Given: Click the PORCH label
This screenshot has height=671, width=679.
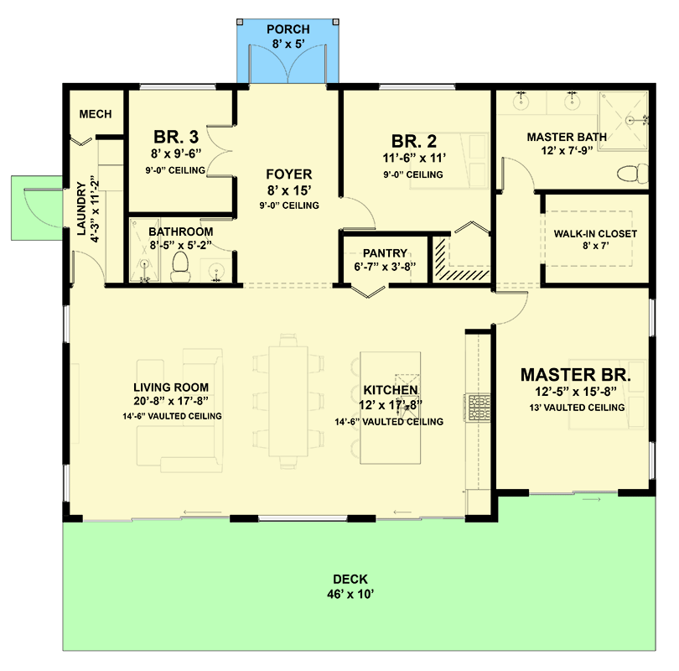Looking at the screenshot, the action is click(x=288, y=29).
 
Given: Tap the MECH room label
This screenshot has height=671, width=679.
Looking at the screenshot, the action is click(x=96, y=114).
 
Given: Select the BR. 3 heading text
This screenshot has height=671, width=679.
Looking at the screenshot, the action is click(x=176, y=137).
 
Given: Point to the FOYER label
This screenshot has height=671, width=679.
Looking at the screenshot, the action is click(x=289, y=174).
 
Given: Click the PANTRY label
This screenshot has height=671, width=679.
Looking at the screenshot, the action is click(x=385, y=253).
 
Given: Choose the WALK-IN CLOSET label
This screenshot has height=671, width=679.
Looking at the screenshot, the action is click(x=595, y=234).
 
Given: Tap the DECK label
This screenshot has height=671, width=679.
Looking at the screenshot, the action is click(x=350, y=580).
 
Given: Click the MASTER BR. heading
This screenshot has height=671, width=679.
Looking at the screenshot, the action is click(x=576, y=375).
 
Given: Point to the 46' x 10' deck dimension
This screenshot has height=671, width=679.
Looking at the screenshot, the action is click(x=350, y=594).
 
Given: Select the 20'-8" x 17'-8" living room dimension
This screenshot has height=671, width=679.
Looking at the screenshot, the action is click(x=171, y=401).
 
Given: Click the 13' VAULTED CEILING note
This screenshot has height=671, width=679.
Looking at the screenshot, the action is click(x=577, y=408).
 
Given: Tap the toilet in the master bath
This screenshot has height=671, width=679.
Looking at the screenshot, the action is click(x=633, y=174).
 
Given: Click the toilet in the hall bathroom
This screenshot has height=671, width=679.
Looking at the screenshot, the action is click(x=180, y=268).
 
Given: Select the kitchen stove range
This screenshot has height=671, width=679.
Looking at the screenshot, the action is click(x=478, y=408).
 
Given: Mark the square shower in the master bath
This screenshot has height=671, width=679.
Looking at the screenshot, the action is click(x=624, y=121).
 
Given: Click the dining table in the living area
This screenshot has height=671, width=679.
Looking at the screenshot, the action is click(x=288, y=401).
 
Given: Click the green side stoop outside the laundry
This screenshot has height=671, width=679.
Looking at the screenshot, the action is click(x=37, y=208).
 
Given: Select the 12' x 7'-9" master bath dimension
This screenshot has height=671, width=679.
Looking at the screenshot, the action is click(x=567, y=151).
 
